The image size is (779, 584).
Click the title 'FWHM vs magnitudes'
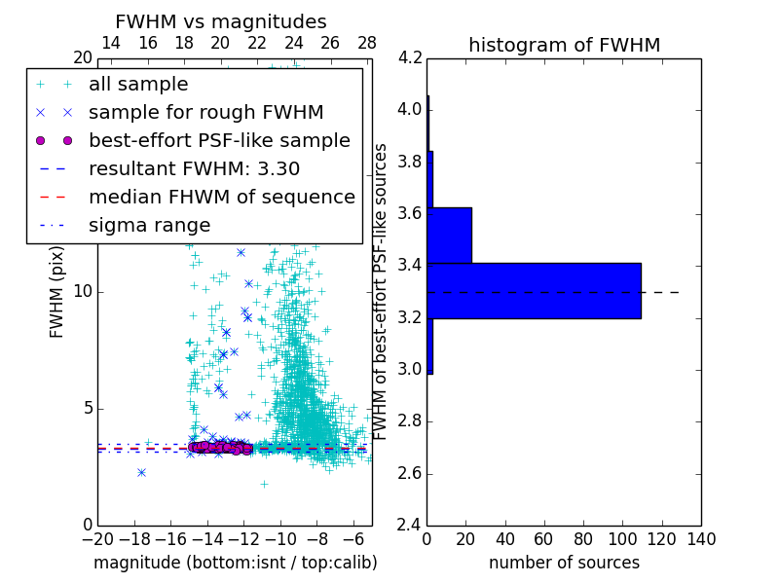[221, 21]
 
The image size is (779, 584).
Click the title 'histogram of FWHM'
[564, 45]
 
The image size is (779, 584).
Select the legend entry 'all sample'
[138, 85]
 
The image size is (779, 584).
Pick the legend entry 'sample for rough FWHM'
[205, 113]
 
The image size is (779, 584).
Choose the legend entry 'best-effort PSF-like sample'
[219, 140]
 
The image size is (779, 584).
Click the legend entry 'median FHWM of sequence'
[221, 197]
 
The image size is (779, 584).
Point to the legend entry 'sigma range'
[149, 225]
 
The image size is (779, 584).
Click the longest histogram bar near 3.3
[534, 290]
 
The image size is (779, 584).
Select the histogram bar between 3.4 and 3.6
[449, 235]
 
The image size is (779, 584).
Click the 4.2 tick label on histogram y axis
[410, 57]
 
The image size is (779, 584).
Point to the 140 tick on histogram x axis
[700, 539]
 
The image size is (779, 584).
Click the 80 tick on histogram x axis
[583, 539]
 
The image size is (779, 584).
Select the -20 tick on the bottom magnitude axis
[97, 539]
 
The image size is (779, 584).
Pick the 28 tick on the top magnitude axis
[367, 43]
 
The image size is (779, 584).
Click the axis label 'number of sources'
[564, 563]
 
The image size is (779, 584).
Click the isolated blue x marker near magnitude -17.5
[141, 472]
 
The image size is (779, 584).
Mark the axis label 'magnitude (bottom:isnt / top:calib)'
[235, 563]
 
